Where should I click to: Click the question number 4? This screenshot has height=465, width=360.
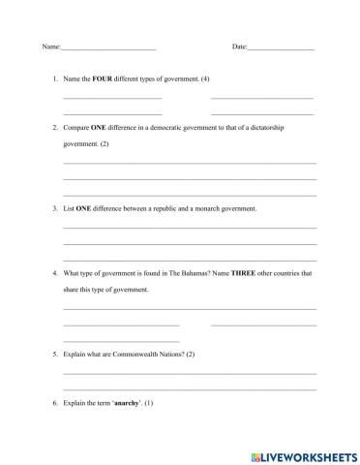click(56, 273)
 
